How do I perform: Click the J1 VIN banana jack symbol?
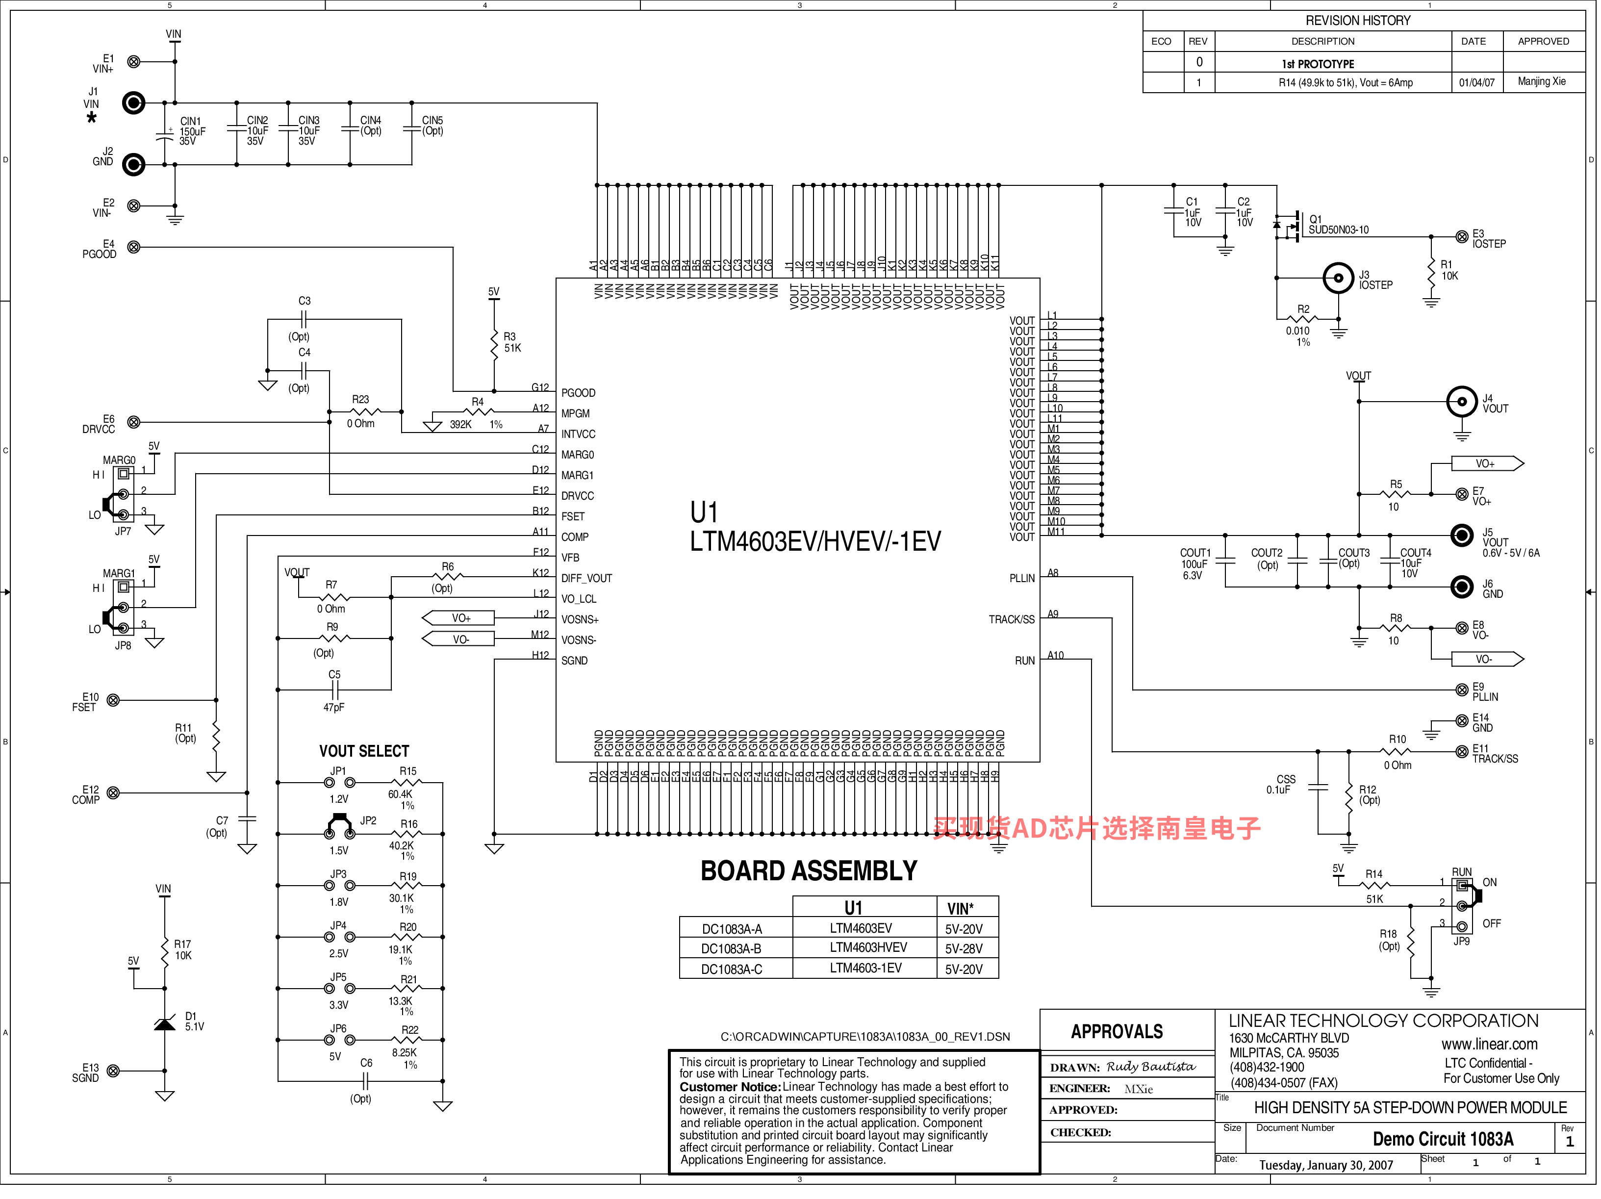point(133,103)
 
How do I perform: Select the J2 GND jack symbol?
point(133,164)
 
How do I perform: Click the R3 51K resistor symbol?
point(494,342)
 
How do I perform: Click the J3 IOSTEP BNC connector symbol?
point(1338,278)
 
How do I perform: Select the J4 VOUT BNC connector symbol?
point(1462,402)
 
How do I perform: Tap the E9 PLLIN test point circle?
point(1462,690)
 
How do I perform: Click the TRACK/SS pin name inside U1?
point(1012,620)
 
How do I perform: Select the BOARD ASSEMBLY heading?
point(809,870)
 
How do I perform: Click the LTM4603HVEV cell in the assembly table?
point(868,948)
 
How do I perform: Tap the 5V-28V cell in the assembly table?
point(964,948)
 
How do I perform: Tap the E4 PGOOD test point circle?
point(134,247)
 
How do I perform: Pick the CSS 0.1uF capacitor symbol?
point(1318,788)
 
